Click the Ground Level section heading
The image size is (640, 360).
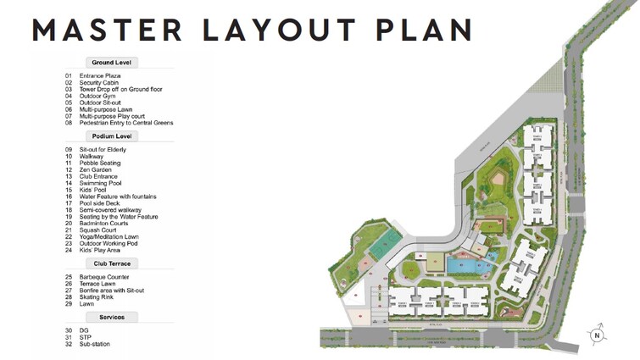click(111, 62)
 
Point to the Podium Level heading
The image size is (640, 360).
click(111, 136)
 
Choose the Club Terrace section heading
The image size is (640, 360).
click(111, 263)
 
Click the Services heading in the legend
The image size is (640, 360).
click(111, 317)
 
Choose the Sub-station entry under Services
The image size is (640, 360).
click(95, 344)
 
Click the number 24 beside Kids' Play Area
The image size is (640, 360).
click(68, 250)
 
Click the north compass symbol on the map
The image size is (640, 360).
click(598, 334)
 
